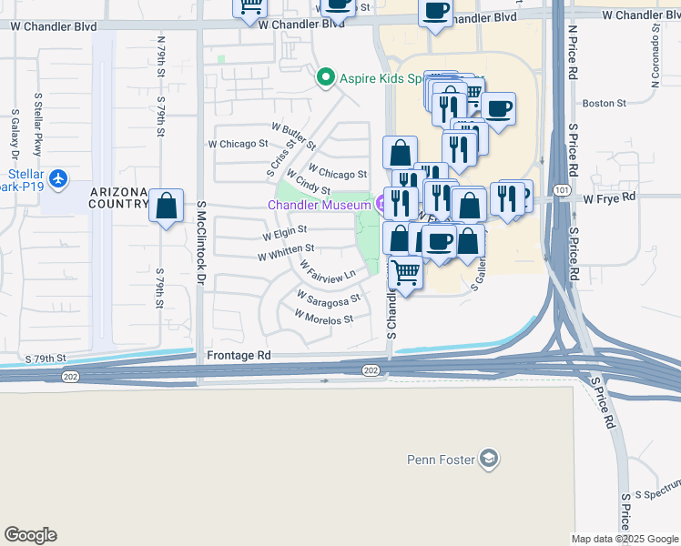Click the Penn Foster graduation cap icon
[490, 458]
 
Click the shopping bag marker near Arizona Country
[167, 207]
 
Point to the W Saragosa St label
[329, 297]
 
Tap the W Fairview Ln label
[327, 269]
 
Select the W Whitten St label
[286, 248]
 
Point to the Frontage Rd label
[239, 355]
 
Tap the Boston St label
[599, 104]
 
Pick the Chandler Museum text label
[319, 205]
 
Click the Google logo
[30, 535]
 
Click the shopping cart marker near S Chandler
[405, 271]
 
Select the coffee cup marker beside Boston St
[498, 110]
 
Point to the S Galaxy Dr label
[15, 136]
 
